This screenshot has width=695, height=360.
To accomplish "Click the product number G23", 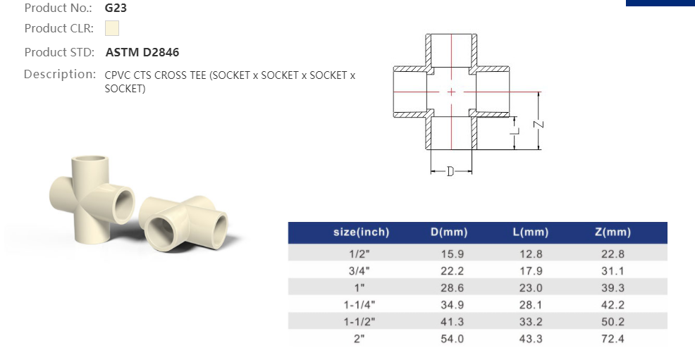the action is click(x=116, y=8).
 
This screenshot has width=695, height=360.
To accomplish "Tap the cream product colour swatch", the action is click(x=112, y=28).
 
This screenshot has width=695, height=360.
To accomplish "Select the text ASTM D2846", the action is click(x=142, y=52).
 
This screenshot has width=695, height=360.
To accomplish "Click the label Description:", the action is click(x=60, y=74).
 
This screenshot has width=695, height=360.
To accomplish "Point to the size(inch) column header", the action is click(x=361, y=232).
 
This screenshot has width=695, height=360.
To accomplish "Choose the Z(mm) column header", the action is click(x=613, y=232).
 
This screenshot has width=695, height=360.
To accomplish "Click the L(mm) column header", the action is click(x=531, y=232).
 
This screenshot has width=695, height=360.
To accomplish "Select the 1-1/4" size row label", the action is click(x=359, y=304).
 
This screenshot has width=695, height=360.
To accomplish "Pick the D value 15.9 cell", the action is click(x=452, y=254).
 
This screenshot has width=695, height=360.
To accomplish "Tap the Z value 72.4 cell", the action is click(x=613, y=339).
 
